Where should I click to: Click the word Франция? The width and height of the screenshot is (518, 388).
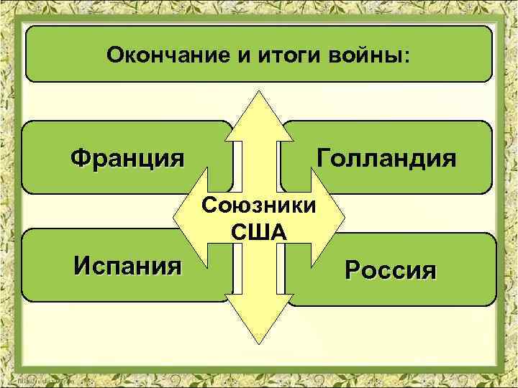point(126,157)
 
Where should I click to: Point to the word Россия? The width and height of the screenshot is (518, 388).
point(390,271)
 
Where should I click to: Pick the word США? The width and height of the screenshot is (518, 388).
point(259,232)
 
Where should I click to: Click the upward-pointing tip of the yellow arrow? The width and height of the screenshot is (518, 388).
point(259,93)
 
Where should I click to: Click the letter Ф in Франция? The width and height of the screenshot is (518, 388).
point(79,157)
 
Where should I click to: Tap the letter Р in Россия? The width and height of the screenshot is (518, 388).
point(352,271)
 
